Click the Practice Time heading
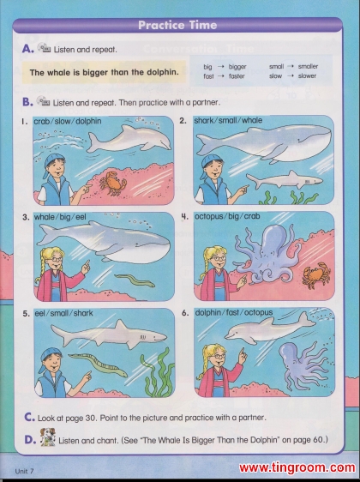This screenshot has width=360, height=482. (177, 25)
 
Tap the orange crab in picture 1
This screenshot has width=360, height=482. (112, 184)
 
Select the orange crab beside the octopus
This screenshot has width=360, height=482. (316, 274)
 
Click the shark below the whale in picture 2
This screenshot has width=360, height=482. (285, 179)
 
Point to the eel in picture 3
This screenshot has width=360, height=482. (135, 280)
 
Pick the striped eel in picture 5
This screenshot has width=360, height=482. (99, 365)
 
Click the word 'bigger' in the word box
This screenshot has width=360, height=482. (237, 67)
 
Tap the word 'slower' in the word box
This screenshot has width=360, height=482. (307, 76)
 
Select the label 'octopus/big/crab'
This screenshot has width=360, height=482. (227, 216)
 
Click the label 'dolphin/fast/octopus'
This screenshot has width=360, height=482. (234, 313)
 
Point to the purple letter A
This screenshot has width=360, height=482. (27, 49)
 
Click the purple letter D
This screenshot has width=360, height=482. (30, 440)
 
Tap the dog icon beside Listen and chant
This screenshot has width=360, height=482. (48, 437)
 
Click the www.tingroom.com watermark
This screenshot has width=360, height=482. (297, 468)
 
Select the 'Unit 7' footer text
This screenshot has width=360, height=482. (24, 471)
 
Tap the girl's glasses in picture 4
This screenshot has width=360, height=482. (219, 258)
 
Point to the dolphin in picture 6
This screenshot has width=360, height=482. (270, 328)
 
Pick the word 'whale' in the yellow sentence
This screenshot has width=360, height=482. (57, 73)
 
